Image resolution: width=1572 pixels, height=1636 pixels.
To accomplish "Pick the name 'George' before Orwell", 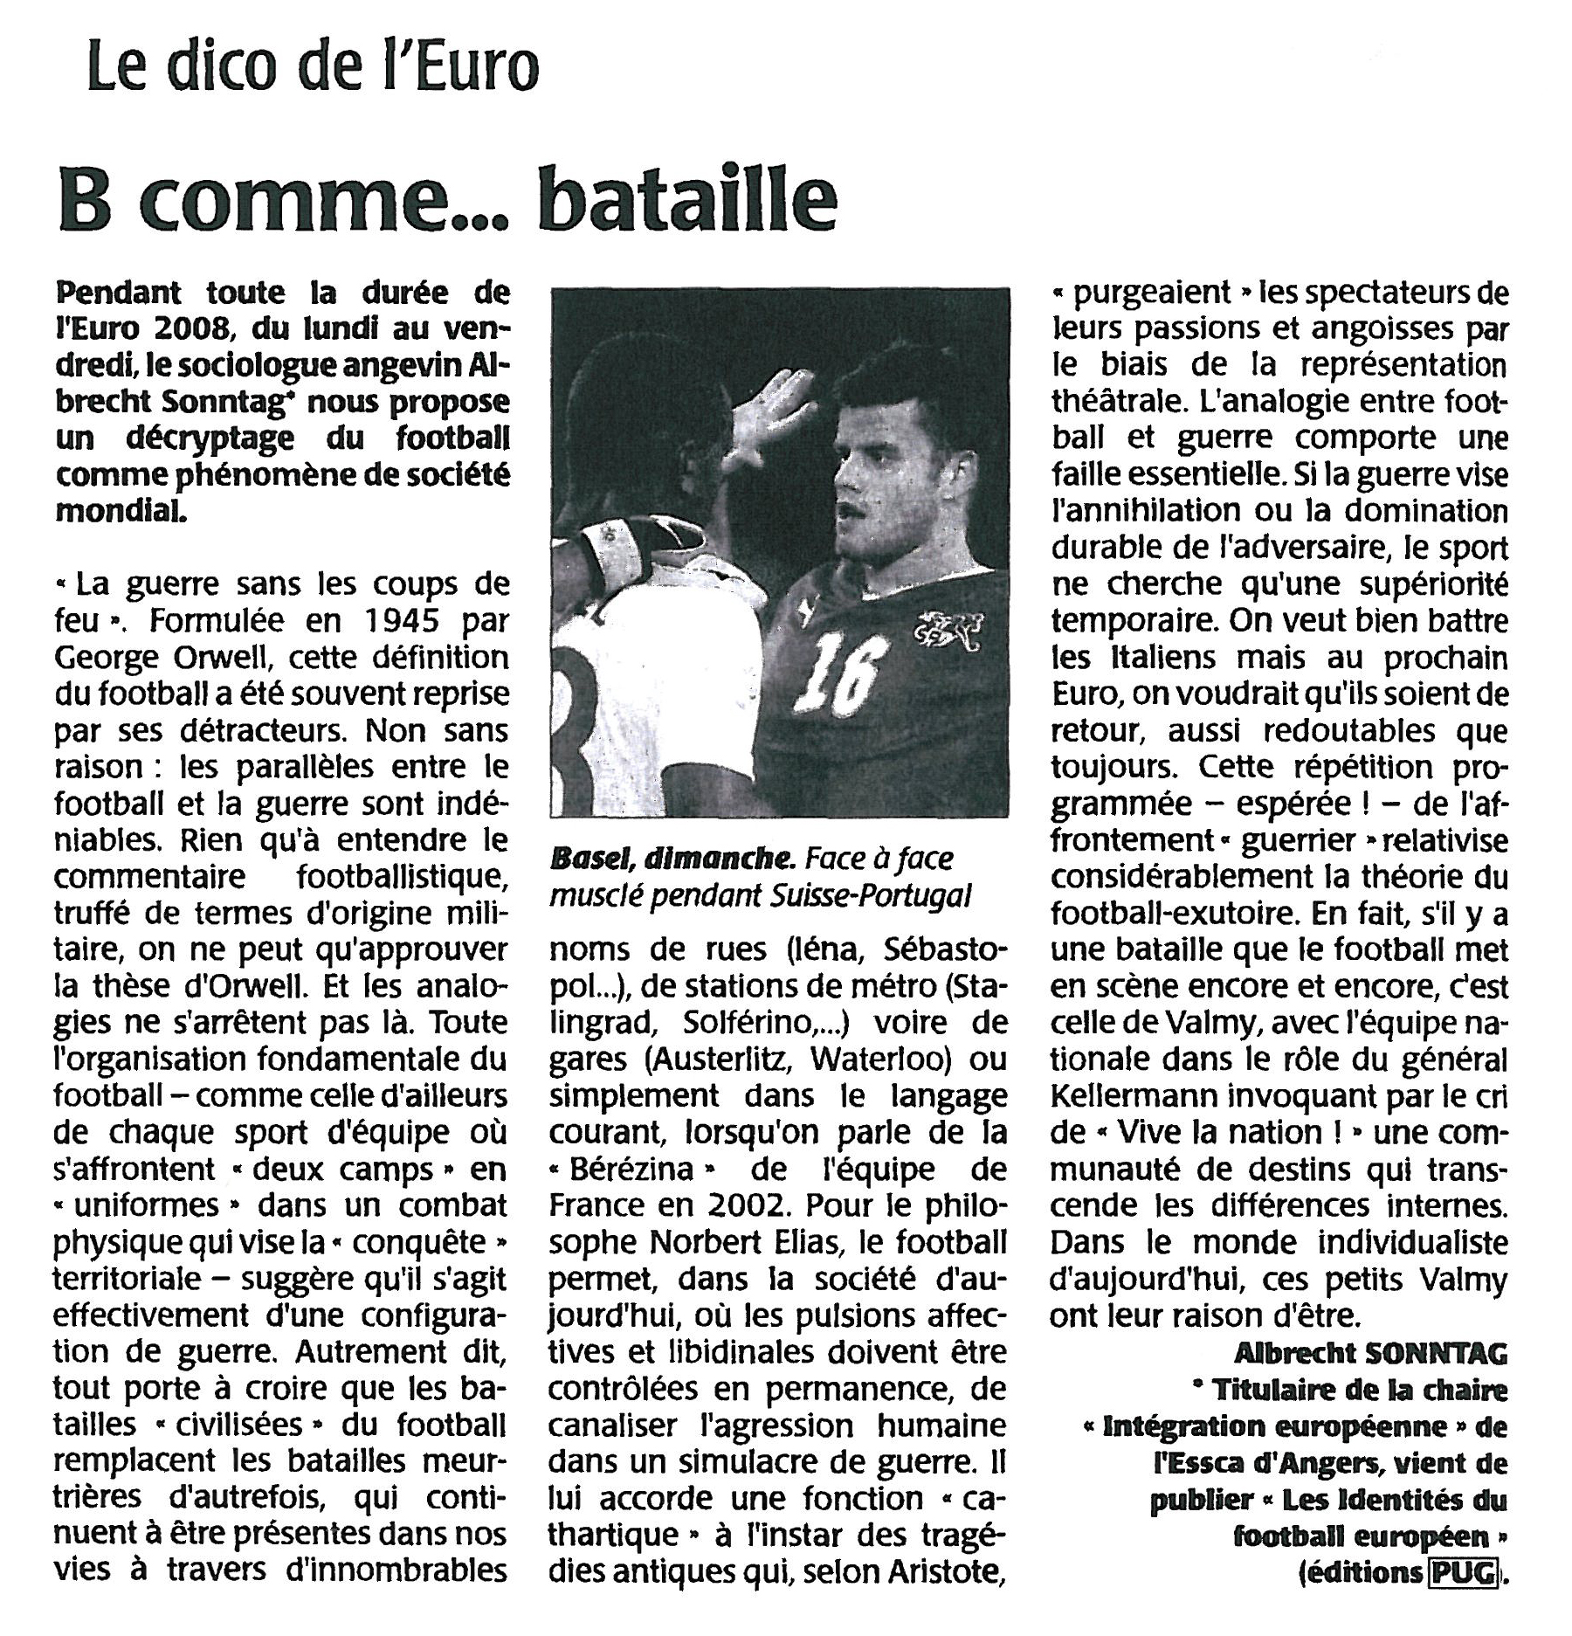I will point(110,657).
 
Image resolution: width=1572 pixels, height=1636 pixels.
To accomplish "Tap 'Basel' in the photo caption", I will point(591,859).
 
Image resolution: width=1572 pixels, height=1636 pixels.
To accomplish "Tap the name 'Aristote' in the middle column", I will point(944,1572).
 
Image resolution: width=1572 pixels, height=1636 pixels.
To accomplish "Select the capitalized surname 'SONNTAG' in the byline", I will point(1438,1353).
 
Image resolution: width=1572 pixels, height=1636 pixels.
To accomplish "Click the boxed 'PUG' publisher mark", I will point(1462,1572).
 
